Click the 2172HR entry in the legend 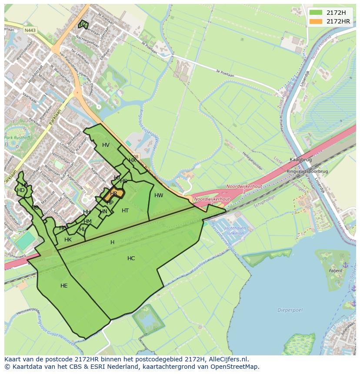[338, 21]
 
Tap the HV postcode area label [106, 145]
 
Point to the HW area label [159, 195]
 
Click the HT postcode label [125, 211]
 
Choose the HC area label [131, 258]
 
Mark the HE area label [64, 286]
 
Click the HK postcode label [68, 240]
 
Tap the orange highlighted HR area [114, 194]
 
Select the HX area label [132, 160]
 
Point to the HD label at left [21, 190]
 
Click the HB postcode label [35, 208]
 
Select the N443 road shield [30, 30]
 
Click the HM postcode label [87, 222]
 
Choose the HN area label [103, 212]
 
